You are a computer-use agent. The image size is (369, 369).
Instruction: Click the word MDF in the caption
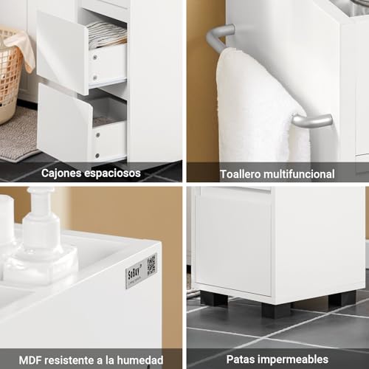coord(31,359)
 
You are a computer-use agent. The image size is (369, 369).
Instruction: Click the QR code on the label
coord(151,264)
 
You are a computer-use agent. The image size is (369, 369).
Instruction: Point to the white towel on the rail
coord(255,103)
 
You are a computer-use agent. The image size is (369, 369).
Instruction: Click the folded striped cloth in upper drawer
coord(106,34)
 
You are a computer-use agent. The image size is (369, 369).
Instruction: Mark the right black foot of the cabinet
coord(342,298)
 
